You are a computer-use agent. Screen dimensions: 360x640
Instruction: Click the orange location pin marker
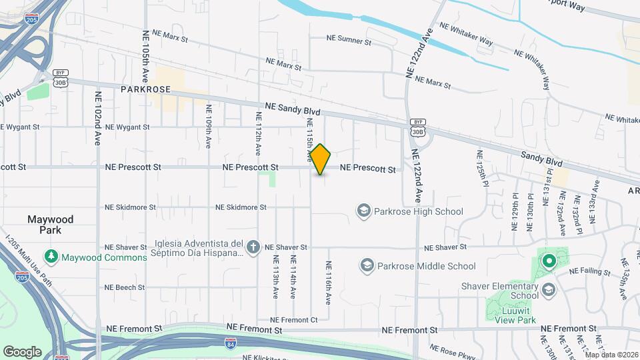coord(321,159)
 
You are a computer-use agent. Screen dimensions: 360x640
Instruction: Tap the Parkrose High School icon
coord(364,212)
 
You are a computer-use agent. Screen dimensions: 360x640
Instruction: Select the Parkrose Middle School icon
coord(367,266)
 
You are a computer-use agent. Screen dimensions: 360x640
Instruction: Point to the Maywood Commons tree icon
coord(51,257)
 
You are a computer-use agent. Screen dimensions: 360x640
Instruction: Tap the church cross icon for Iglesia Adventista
coord(253,247)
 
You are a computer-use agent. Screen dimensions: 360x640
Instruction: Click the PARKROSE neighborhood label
coord(146,89)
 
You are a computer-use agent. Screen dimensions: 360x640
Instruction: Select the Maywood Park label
coord(50,225)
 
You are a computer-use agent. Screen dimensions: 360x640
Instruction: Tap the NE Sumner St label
coord(349,41)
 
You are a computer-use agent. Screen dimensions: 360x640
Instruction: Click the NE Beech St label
coord(125,287)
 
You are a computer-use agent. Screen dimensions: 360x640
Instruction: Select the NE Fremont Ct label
coord(295,320)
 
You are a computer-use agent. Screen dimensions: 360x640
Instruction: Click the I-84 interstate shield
coord(230,344)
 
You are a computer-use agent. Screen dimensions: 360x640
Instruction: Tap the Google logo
coord(22,352)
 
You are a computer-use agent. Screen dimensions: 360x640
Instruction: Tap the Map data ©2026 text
coord(611,354)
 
